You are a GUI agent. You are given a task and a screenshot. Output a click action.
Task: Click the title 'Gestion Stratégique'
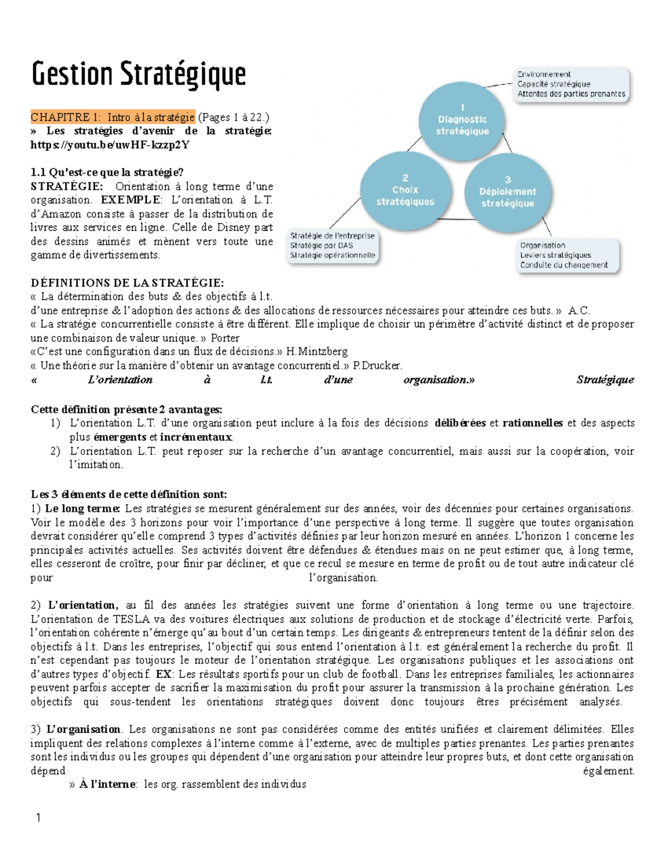[x=138, y=75]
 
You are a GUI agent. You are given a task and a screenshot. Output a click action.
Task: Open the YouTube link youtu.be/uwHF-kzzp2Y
[x=110, y=145]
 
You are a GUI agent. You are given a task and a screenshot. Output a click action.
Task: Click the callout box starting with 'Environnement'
[x=571, y=85]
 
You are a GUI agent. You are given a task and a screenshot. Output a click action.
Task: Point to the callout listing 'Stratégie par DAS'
[x=332, y=246]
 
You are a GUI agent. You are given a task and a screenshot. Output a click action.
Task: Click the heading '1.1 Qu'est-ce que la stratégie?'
[x=107, y=172]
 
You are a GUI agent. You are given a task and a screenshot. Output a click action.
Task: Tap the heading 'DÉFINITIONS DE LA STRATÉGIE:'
[x=127, y=283]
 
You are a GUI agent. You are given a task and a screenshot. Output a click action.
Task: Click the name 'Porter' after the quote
[x=225, y=338]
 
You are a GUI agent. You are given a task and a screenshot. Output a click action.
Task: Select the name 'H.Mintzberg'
[x=317, y=352]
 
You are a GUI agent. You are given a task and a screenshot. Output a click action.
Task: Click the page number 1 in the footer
[x=38, y=818]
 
